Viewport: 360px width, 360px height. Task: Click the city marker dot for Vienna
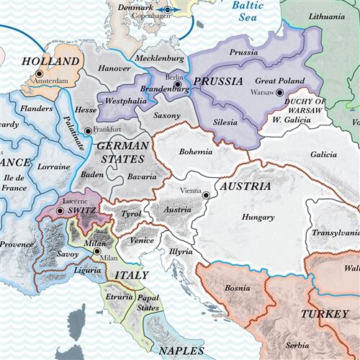(x=206, y=194)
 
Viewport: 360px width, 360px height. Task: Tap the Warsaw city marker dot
(x=291, y=92)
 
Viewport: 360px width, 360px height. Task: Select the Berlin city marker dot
(x=176, y=85)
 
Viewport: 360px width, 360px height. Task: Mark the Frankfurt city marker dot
(x=88, y=131)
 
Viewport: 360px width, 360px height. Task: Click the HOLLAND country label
(x=50, y=61)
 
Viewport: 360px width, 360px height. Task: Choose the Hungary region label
(x=258, y=216)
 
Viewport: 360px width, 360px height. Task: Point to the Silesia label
(x=225, y=122)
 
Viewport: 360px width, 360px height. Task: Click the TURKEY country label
(x=324, y=314)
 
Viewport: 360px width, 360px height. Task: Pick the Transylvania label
(x=335, y=233)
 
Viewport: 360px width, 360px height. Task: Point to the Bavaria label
(x=141, y=176)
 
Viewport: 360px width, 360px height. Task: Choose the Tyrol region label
(x=130, y=214)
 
